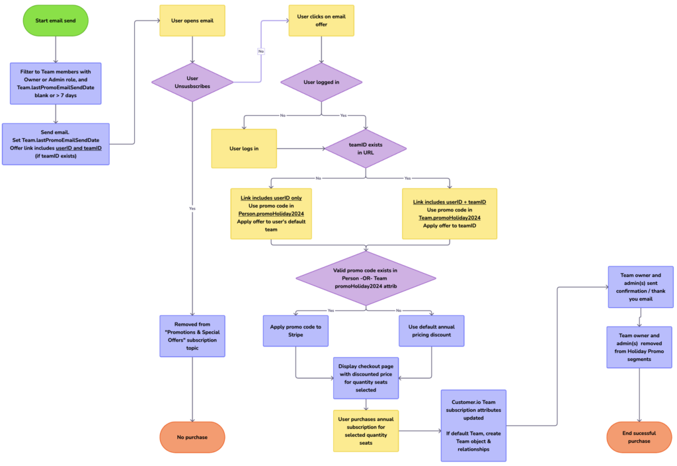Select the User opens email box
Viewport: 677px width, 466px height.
[192, 20]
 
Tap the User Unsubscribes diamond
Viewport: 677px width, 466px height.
[192, 83]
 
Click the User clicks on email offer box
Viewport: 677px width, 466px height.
[321, 20]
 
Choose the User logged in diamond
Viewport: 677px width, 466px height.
[321, 83]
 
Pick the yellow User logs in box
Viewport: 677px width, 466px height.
[244, 148]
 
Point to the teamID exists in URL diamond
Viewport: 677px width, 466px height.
[366, 147]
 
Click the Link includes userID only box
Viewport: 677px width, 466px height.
[270, 214]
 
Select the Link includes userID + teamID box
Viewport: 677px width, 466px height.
[450, 214]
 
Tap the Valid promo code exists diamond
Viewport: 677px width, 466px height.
[366, 278]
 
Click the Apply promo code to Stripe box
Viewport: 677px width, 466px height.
[296, 330]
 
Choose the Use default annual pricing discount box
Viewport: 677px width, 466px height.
[432, 330]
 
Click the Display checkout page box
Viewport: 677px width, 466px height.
[366, 377]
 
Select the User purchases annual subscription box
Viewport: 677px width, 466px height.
[366, 430]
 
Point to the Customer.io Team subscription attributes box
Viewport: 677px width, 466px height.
[473, 425]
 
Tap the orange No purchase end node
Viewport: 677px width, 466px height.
[192, 437]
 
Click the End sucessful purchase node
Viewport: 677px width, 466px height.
[639, 437]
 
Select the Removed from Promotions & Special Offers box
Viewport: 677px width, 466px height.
[192, 336]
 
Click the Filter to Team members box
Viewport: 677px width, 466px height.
[56, 83]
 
